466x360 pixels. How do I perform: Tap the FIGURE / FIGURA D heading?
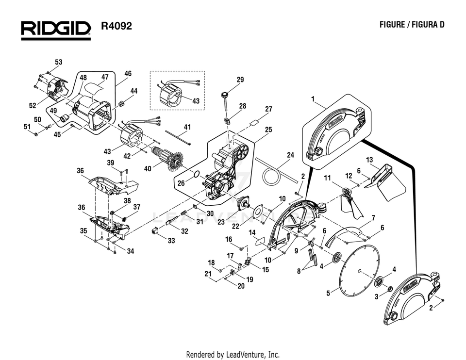coord(412,25)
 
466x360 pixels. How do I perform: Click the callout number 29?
coord(240,80)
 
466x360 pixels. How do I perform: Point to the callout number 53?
coord(58,62)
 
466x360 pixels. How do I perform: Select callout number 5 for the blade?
coord(328,293)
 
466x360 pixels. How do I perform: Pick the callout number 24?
coord(290,155)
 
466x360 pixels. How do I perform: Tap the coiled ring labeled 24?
coord(271,175)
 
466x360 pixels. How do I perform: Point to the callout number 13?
coord(369,160)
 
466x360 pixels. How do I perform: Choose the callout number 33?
coord(172,241)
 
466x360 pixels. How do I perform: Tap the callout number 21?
coord(208,274)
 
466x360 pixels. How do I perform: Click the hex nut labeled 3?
coord(389,289)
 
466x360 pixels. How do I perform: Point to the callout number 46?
coord(128,74)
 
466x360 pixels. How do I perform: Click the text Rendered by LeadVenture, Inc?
coord(233,355)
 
